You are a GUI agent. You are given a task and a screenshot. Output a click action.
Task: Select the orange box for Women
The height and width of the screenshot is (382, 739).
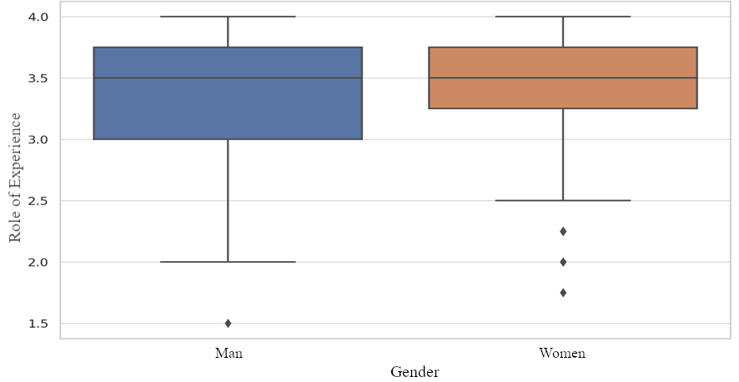(563, 93)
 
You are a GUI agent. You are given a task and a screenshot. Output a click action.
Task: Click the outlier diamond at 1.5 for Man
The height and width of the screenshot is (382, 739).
(228, 323)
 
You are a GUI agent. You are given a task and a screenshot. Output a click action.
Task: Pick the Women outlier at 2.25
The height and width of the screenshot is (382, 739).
(563, 231)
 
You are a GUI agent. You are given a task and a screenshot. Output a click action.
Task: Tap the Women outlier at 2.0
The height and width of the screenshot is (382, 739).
(563, 262)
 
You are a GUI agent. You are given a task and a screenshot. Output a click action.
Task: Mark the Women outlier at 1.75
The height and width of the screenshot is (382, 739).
(563, 293)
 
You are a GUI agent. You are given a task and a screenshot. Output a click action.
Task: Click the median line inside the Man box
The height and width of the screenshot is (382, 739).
(228, 78)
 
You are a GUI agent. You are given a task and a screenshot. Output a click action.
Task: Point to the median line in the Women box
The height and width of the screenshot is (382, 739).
(563, 78)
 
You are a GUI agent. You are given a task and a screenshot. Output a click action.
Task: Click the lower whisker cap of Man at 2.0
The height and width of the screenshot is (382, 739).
(228, 262)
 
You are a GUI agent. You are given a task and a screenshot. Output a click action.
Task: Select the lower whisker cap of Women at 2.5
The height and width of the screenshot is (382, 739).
(563, 200)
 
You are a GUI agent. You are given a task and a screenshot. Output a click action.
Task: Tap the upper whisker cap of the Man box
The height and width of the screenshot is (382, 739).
(228, 17)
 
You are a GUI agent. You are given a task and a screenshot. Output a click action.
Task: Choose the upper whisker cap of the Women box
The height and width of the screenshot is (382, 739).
(563, 17)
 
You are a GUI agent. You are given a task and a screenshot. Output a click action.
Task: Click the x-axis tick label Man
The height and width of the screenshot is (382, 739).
(228, 353)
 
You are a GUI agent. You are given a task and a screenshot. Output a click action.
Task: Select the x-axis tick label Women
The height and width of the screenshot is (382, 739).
(563, 353)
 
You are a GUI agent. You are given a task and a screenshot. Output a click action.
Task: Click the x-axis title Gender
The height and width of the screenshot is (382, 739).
(415, 371)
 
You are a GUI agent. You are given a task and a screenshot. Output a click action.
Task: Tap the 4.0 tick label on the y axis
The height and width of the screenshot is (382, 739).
(38, 17)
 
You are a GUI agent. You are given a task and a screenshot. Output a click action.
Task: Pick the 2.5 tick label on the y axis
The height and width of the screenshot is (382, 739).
(38, 201)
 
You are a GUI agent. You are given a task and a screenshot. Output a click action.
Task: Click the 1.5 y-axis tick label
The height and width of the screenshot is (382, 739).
(38, 324)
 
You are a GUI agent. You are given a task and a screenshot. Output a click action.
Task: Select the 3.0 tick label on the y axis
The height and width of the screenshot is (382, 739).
(38, 139)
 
